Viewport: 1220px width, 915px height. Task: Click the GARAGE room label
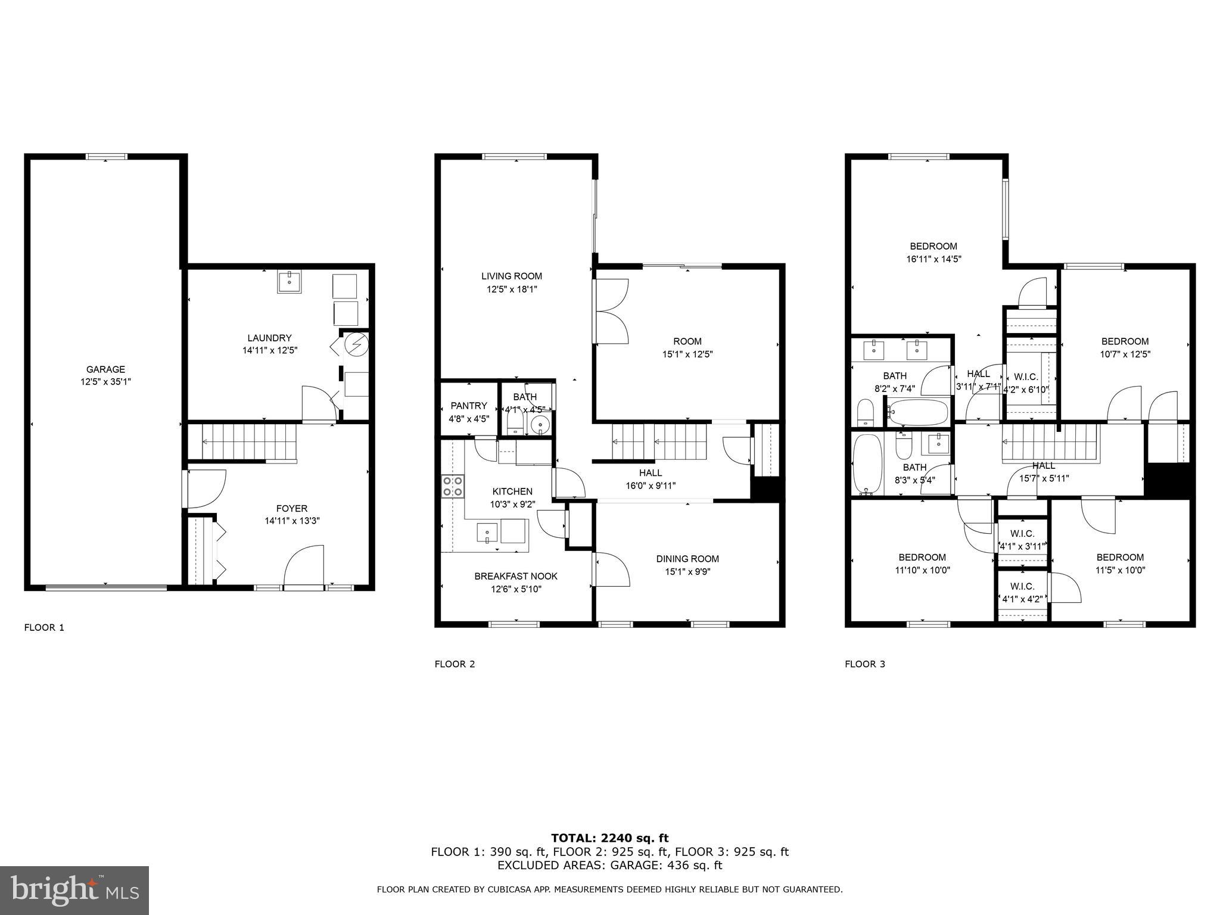(x=105, y=369)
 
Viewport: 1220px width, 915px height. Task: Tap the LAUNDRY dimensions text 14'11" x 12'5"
(x=269, y=351)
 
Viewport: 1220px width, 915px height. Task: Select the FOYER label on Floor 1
(x=291, y=508)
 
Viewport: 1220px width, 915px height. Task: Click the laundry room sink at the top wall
(x=290, y=281)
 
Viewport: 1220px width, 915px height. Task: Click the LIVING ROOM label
(x=512, y=276)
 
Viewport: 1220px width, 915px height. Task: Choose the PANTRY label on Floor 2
(x=469, y=406)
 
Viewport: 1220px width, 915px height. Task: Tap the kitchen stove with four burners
(x=453, y=486)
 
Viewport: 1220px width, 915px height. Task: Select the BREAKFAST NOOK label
(x=516, y=576)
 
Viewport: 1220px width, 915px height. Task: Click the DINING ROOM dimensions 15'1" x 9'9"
(x=687, y=572)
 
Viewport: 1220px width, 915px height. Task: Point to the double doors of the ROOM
(x=611, y=311)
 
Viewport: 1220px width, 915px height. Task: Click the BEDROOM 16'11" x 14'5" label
(x=933, y=246)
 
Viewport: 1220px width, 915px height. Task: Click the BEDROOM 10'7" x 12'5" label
(x=1125, y=341)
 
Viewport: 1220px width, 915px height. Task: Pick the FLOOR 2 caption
(x=455, y=664)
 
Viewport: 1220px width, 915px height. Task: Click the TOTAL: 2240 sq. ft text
(x=609, y=838)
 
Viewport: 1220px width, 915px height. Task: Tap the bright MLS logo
(x=74, y=891)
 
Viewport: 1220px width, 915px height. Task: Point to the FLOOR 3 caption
(x=865, y=664)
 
